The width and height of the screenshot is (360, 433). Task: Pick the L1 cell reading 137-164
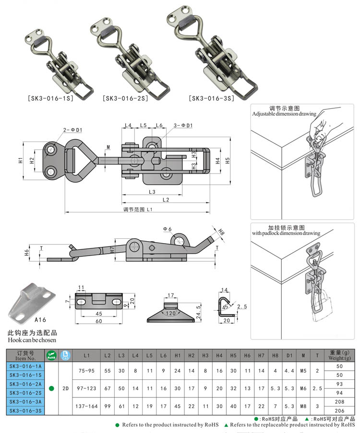(86, 406)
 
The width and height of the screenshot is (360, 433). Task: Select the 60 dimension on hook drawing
(98, 322)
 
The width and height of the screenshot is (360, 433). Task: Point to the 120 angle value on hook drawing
(171, 313)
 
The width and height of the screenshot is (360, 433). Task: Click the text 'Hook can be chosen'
(32, 340)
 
